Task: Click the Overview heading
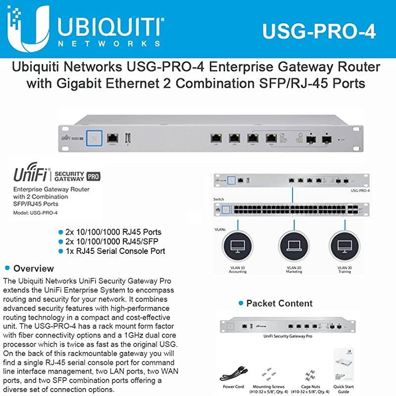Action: point(33,269)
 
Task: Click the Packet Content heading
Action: point(279,303)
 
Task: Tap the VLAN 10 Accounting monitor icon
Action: point(238,245)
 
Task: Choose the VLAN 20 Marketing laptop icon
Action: point(294,245)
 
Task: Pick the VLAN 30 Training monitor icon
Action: point(345,245)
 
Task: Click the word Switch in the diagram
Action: point(219,199)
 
